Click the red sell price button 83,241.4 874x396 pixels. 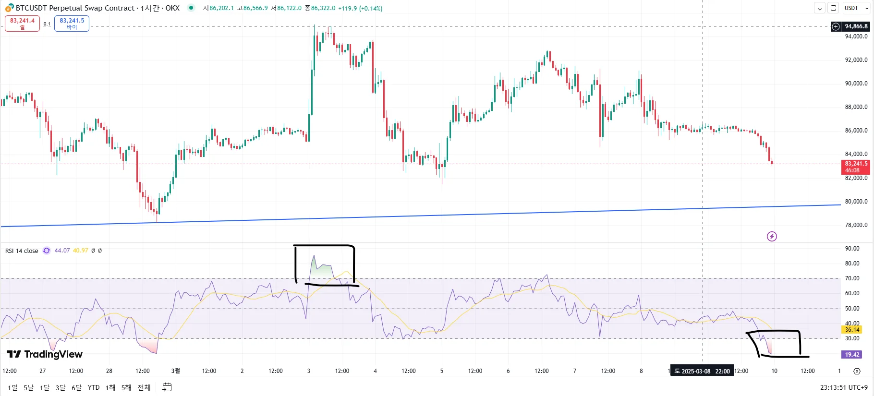click(x=22, y=24)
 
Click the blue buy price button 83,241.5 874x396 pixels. click(x=72, y=24)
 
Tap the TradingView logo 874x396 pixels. click(x=45, y=354)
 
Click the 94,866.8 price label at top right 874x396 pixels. click(x=856, y=26)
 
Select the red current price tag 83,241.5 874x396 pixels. click(x=856, y=167)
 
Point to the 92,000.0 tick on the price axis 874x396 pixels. click(x=856, y=60)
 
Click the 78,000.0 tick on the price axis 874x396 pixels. click(x=856, y=225)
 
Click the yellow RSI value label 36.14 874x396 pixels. click(x=852, y=330)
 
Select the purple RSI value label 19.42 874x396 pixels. click(x=852, y=355)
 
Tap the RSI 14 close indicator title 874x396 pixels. click(x=22, y=251)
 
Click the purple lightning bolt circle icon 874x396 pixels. click(x=772, y=236)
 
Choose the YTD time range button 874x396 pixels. click(x=94, y=387)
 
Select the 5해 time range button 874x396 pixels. click(x=126, y=387)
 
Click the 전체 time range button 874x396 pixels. click(x=144, y=387)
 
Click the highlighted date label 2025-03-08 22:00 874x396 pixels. click(x=702, y=371)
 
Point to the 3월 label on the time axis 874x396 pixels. click(x=176, y=371)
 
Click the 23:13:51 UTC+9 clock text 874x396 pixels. click(x=844, y=387)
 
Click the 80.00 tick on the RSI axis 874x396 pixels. click(x=852, y=264)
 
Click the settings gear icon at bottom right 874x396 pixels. click(x=857, y=371)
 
